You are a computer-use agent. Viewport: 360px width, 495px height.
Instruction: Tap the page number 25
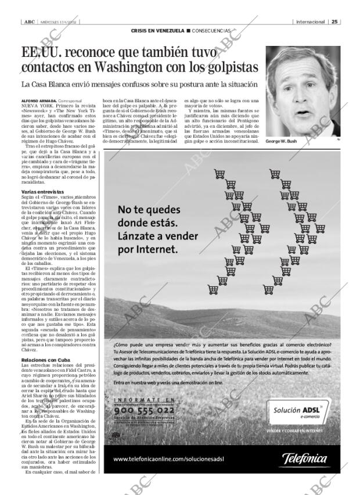[334, 21]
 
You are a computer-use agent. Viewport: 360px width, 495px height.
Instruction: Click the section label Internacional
[310, 21]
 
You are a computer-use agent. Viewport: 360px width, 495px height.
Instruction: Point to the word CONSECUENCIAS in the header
[211, 30]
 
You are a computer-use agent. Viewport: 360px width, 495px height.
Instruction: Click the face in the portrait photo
[302, 81]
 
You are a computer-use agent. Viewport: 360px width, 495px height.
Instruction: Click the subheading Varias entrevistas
[42, 191]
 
